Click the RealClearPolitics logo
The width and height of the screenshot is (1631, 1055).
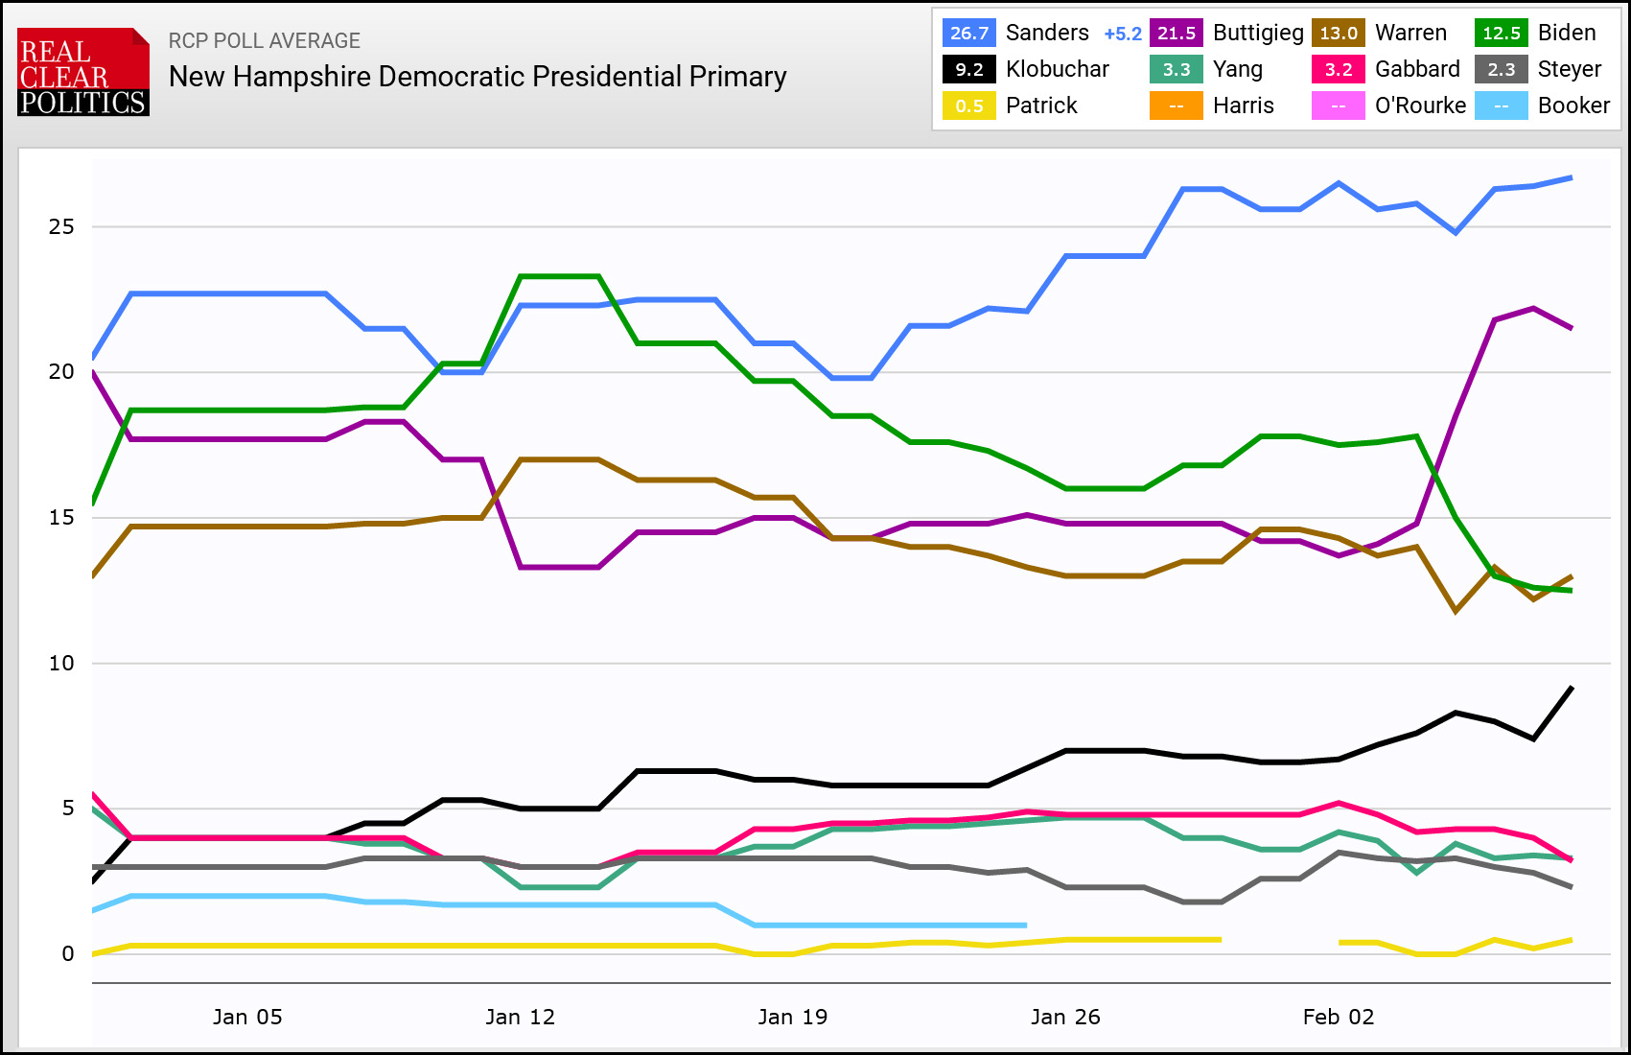click(83, 72)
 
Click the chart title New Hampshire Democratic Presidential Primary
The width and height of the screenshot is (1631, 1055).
click(478, 77)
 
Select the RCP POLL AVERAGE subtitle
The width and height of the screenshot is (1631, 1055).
click(265, 41)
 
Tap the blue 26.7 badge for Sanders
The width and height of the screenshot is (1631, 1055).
click(969, 33)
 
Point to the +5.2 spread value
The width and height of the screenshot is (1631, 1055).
click(1123, 34)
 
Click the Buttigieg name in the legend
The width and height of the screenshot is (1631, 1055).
click(1258, 33)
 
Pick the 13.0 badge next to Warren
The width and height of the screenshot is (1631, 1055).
click(1339, 33)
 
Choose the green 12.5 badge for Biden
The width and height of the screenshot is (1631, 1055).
click(1502, 33)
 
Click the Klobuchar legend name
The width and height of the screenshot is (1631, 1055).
click(1058, 69)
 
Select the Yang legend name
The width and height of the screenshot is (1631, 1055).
click(1238, 69)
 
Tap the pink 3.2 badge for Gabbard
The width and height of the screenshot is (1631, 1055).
click(1339, 69)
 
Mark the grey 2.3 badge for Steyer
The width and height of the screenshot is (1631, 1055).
click(1502, 69)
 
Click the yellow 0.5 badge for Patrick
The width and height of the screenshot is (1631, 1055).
click(969, 105)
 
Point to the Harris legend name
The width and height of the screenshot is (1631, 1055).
click(1244, 105)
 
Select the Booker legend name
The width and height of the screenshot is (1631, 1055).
click(1573, 105)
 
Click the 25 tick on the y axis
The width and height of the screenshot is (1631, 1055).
click(61, 227)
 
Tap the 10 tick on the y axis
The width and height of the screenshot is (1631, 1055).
click(61, 664)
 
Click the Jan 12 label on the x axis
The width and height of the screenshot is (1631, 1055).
click(520, 1018)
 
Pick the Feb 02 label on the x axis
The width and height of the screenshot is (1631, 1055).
click(1339, 1018)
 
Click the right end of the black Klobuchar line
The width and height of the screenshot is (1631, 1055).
click(1572, 688)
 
